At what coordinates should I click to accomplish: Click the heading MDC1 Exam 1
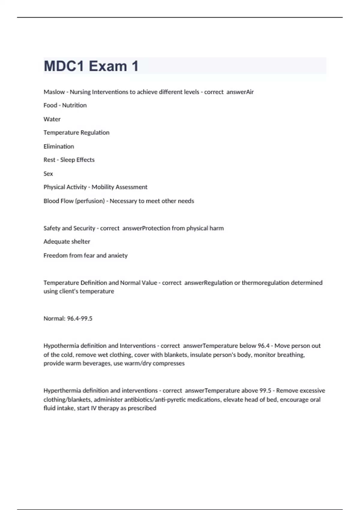coord(91,66)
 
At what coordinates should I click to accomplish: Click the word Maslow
coord(54,92)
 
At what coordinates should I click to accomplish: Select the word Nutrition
coord(74,105)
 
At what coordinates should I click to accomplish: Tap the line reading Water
coord(52,119)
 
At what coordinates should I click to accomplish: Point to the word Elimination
coord(59,146)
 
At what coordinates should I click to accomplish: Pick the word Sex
coord(48,174)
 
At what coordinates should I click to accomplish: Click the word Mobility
coord(105,187)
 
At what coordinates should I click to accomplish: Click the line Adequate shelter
coord(67,241)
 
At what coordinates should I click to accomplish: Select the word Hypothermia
coord(61,346)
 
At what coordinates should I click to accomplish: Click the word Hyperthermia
coord(62,391)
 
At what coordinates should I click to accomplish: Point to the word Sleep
coord(67,160)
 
